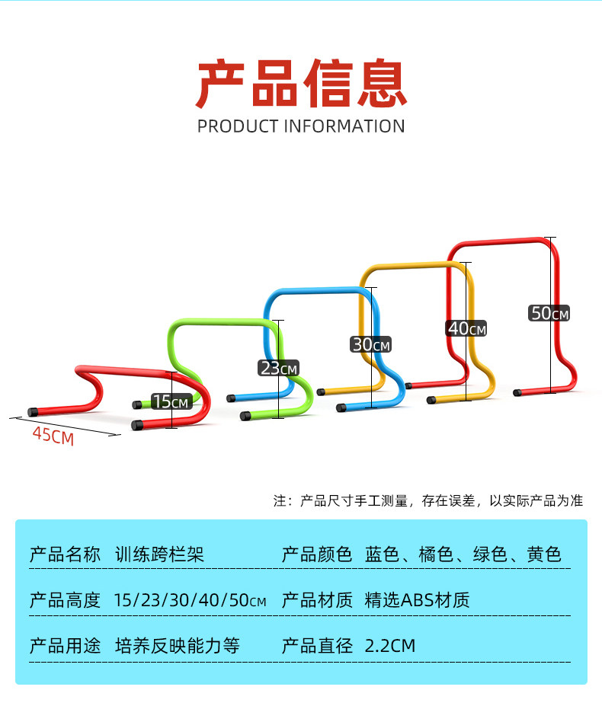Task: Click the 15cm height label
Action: tap(170, 401)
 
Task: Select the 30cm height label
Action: tap(370, 344)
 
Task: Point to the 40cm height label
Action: tap(466, 328)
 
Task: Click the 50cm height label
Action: tap(549, 312)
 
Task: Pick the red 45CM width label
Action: tap(53, 437)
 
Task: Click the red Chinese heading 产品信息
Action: tap(301, 84)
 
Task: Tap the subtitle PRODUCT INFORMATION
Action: tap(301, 126)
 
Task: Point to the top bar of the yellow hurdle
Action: tap(411, 267)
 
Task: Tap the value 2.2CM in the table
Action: tap(391, 646)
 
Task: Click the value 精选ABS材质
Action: tap(418, 599)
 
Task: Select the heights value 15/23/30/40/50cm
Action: tap(190, 599)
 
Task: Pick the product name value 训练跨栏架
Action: tap(159, 554)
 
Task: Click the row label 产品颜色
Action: tap(317, 554)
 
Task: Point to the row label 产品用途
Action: tap(65, 646)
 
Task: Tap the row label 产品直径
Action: tap(317, 646)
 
